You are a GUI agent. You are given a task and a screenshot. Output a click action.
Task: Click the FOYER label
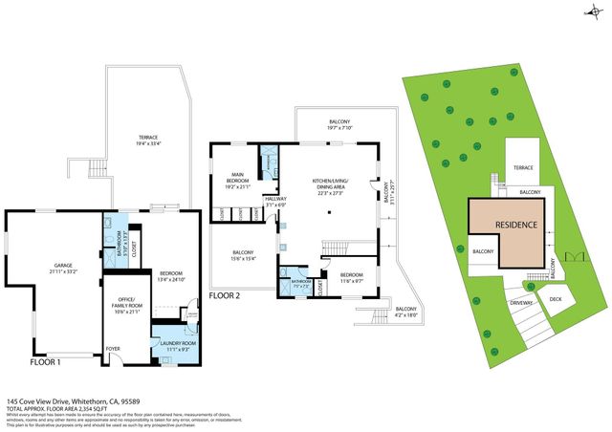[x=113, y=349]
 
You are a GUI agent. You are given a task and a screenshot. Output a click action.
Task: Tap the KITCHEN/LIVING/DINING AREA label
[x=330, y=186]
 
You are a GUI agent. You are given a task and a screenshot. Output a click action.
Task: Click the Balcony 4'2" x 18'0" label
[x=406, y=312]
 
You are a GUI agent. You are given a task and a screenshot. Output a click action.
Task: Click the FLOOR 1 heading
[x=45, y=362]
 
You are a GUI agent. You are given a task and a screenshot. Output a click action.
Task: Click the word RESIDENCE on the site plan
[x=515, y=225]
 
